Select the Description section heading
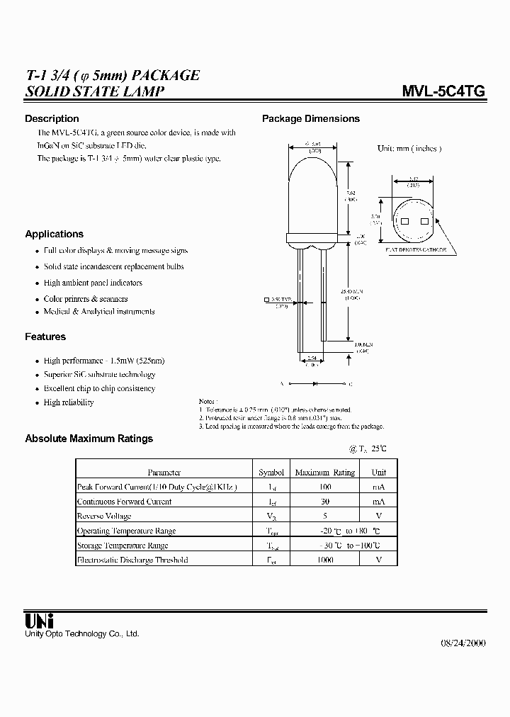(x=52, y=118)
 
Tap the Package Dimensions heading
(x=311, y=118)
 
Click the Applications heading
(x=54, y=234)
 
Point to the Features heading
(x=45, y=337)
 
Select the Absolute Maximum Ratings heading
(x=89, y=439)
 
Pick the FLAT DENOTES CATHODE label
(x=416, y=250)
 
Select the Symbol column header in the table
(x=271, y=472)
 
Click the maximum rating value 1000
(x=324, y=560)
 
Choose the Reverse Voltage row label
(x=105, y=516)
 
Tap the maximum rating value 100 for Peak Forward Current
(x=324, y=487)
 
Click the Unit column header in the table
(x=379, y=472)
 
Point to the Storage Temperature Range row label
(x=123, y=546)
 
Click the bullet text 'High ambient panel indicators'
(x=93, y=283)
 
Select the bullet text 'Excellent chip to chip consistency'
(x=99, y=388)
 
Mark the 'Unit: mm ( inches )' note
(x=409, y=149)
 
